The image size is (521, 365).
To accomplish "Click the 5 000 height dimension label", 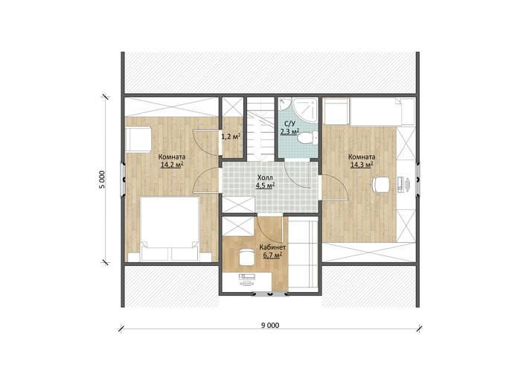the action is pyautogui.click(x=102, y=180).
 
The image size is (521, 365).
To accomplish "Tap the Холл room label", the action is pyautogui.click(x=265, y=178).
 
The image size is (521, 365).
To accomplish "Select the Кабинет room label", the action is pyautogui.click(x=272, y=247).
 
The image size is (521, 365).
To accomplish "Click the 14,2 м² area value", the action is pyautogui.click(x=172, y=164).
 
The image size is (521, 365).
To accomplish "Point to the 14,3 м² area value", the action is pyautogui.click(x=362, y=164).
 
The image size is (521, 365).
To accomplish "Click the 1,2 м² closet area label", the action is pyautogui.click(x=231, y=136).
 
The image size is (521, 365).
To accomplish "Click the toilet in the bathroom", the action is pyautogui.click(x=307, y=138).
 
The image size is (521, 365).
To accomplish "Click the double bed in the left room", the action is pyautogui.click(x=170, y=229).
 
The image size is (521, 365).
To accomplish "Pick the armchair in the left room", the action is pyautogui.click(x=138, y=139).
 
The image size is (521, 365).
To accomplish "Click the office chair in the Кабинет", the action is pyautogui.click(x=246, y=256).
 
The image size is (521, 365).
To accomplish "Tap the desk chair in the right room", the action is pyautogui.click(x=380, y=184).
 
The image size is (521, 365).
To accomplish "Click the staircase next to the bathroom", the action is pyautogui.click(x=261, y=128).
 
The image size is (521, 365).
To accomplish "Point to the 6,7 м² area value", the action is pyautogui.click(x=272, y=255).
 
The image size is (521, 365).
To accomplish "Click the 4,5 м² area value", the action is pyautogui.click(x=265, y=185).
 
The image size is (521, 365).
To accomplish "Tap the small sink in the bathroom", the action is pyautogui.click(x=284, y=103).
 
